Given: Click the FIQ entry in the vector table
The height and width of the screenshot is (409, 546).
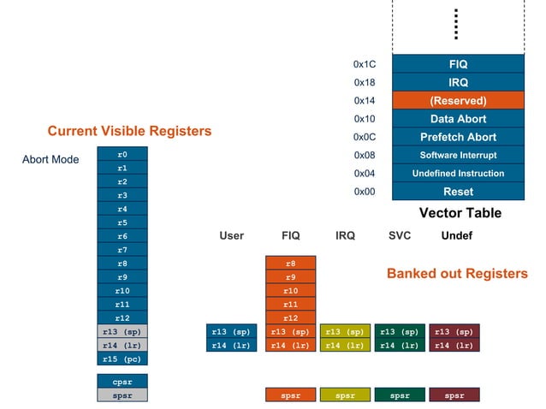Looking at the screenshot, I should coord(458,64).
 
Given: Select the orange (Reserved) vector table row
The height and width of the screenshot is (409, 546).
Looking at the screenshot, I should coord(458,101).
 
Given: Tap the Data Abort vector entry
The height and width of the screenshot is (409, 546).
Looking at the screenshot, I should coord(458,119).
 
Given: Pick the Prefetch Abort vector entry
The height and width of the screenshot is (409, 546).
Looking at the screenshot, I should coord(458,137).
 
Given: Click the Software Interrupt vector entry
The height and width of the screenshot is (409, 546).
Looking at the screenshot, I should coord(458,156).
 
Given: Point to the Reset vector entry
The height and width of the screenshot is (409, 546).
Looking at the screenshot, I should coord(458,192).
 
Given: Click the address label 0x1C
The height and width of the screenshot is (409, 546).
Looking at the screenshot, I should coord(365,64).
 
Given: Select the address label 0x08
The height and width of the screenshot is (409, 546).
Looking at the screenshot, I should coord(365,156).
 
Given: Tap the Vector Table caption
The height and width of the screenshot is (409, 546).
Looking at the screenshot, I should coord(460,213).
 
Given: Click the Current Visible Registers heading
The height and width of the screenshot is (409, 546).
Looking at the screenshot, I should coord(129,131).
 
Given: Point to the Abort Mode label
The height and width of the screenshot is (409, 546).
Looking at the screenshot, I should coord(50,159).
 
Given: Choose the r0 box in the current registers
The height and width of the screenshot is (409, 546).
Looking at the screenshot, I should coord(122,154).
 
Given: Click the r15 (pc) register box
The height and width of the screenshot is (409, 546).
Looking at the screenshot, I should coord(122,359).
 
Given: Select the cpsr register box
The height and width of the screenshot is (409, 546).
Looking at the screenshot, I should coord(122,381).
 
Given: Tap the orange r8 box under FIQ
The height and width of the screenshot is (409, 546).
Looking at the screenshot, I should coord(290,264).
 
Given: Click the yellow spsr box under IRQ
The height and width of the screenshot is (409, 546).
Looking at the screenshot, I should coord(345,395).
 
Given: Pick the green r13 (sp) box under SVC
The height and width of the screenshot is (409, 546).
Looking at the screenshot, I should coord(400,332).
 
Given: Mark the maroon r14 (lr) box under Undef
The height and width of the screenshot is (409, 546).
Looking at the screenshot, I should coord(454,346).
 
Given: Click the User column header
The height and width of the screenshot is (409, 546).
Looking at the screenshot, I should coord(231,235).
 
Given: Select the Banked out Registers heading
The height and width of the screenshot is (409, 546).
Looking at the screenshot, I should coord(457,274).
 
